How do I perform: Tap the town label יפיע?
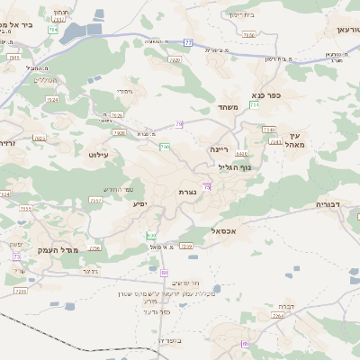coord(140,204)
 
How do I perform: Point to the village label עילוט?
coord(98,156)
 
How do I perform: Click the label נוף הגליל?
coord(236,167)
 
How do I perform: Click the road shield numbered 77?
coord(188,42)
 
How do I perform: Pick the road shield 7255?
coord(21,292)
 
